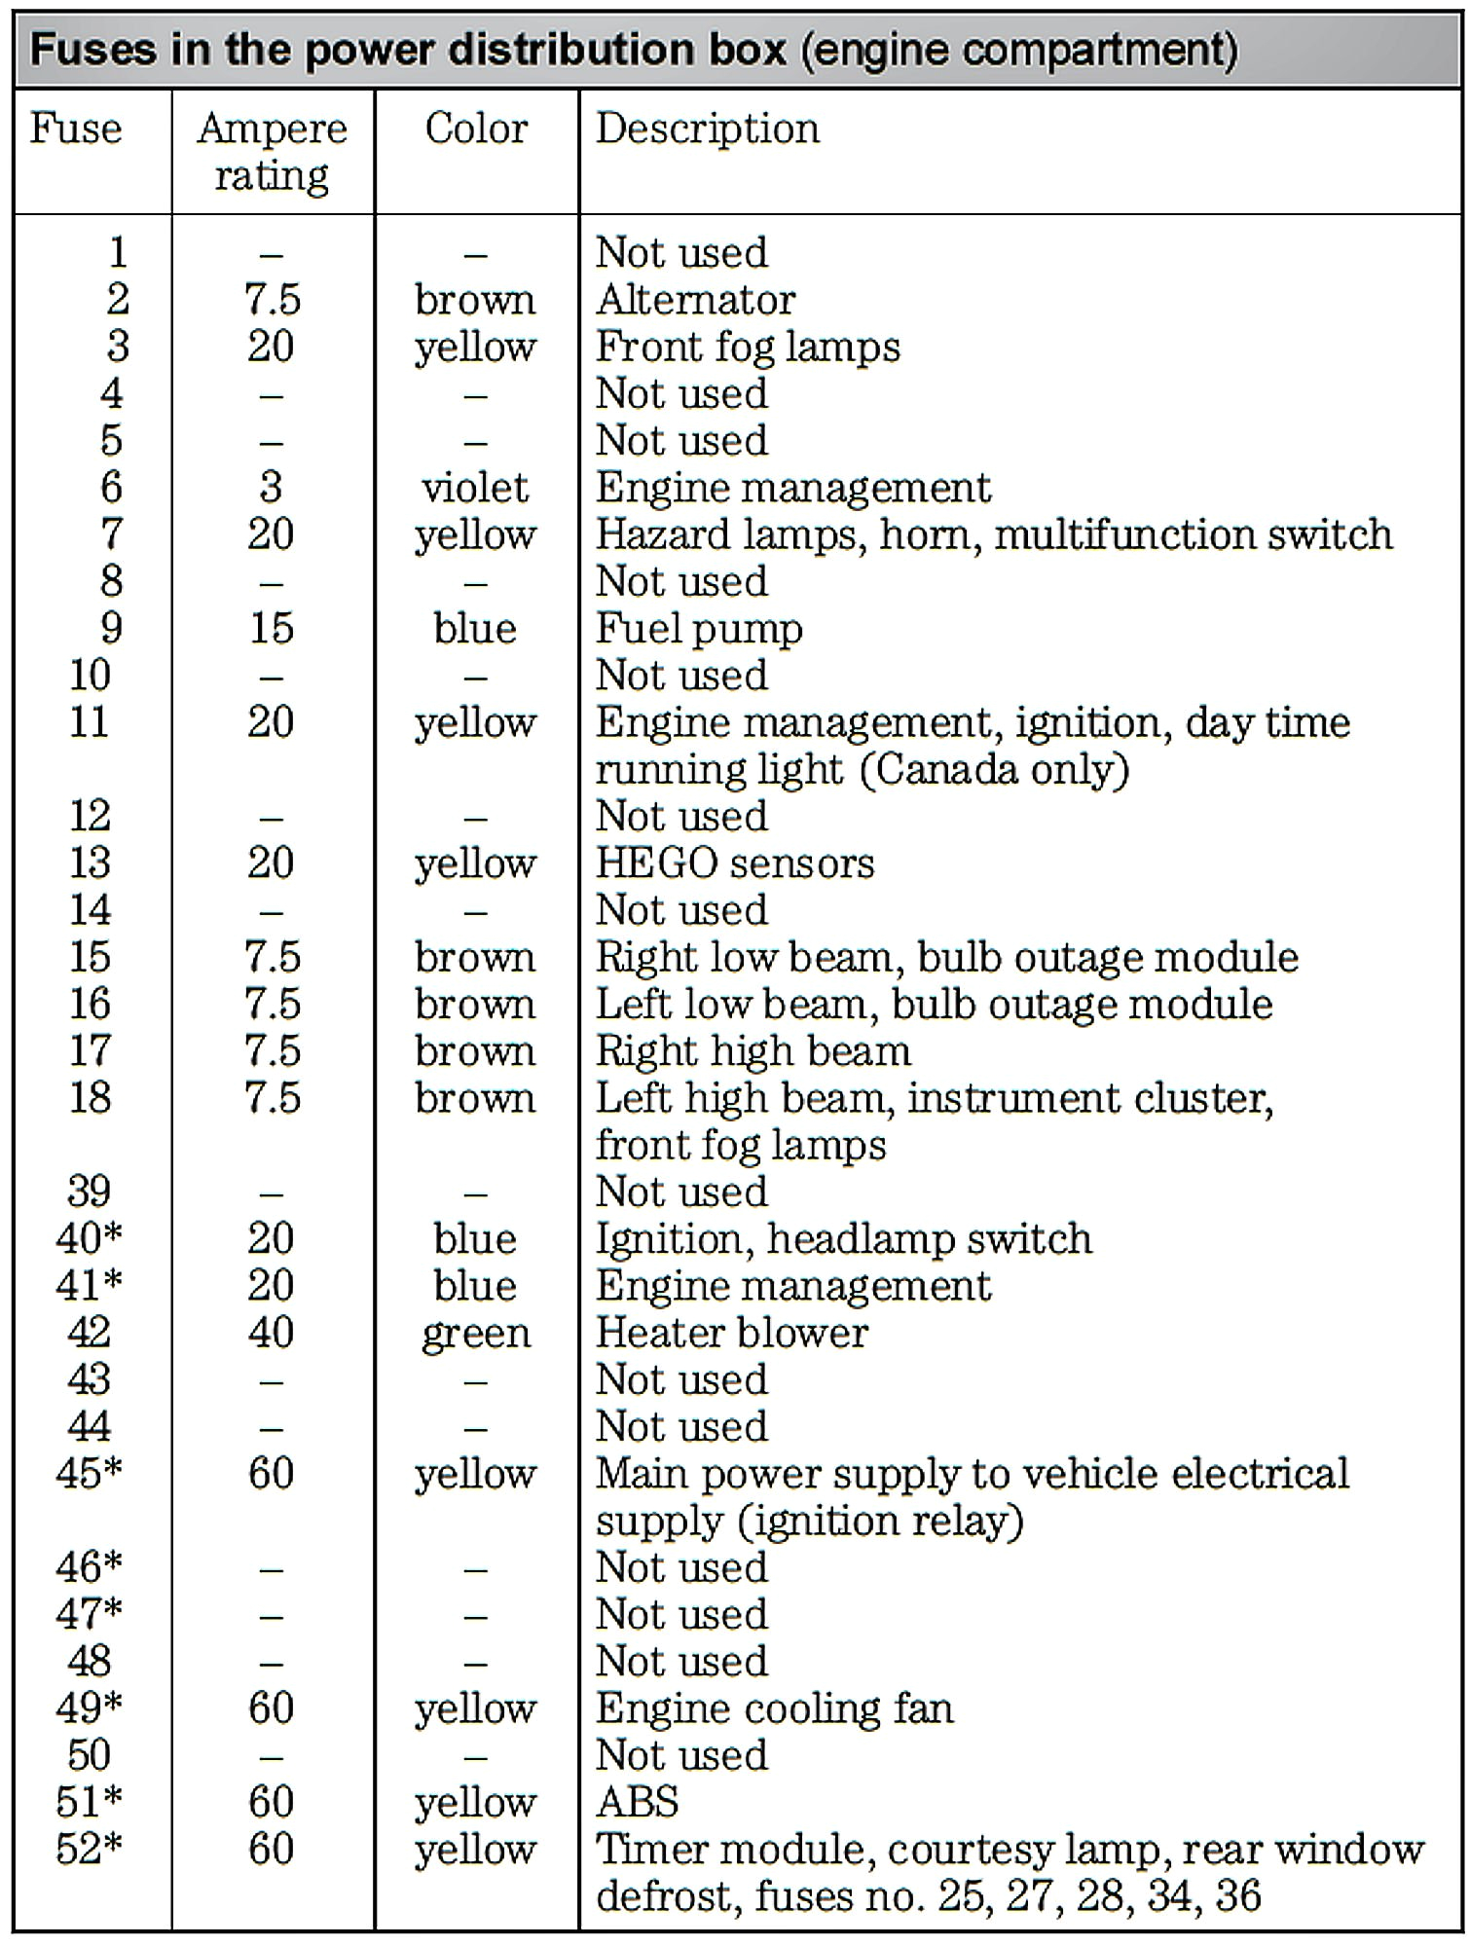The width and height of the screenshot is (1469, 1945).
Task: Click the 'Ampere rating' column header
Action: pyautogui.click(x=272, y=152)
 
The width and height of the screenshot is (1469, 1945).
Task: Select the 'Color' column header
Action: pyautogui.click(x=476, y=128)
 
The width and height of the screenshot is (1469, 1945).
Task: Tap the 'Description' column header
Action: pyautogui.click(x=708, y=128)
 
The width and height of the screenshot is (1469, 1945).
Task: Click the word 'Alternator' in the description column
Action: pyautogui.click(x=695, y=300)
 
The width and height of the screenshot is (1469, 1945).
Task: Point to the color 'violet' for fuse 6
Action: pyautogui.click(x=475, y=487)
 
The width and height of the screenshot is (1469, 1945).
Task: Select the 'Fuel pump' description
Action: pyautogui.click(x=699, y=629)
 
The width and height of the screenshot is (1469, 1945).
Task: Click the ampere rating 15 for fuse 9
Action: pyautogui.click(x=272, y=628)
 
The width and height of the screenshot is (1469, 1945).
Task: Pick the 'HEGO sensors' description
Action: pyautogui.click(x=735, y=863)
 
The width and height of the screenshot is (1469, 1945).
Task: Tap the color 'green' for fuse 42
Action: pyautogui.click(x=476, y=1334)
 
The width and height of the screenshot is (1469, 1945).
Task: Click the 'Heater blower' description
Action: pyautogui.click(x=732, y=1333)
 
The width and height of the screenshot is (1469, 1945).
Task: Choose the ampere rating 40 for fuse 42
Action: pyautogui.click(x=271, y=1333)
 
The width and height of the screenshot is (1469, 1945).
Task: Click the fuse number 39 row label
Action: pyautogui.click(x=90, y=1192)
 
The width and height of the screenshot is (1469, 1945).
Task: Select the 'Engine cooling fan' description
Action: pyautogui.click(x=775, y=1708)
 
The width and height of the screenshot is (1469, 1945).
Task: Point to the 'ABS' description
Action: pyautogui.click(x=638, y=1802)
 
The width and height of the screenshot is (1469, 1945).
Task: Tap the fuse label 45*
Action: pyautogui.click(x=90, y=1474)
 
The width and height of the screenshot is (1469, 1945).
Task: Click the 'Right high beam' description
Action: pyautogui.click(x=753, y=1051)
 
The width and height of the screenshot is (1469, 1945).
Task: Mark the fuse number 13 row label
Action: pyautogui.click(x=90, y=863)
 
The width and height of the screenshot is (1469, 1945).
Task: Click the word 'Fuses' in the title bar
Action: pyautogui.click(x=93, y=50)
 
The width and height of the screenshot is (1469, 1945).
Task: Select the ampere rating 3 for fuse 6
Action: pyautogui.click(x=271, y=487)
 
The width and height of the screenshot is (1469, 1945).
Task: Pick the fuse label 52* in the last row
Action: pyautogui.click(x=90, y=1849)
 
